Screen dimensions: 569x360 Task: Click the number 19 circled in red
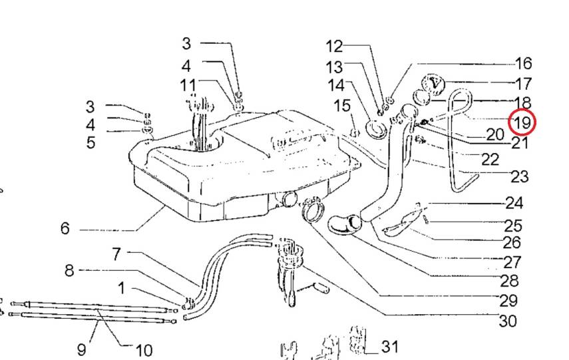522,122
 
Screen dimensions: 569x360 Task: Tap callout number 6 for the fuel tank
65,228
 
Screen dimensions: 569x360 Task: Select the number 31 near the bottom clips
390,347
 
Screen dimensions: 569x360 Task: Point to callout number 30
508,321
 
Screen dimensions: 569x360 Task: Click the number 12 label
334,47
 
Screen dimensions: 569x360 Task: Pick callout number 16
524,63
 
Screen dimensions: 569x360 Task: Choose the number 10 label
144,351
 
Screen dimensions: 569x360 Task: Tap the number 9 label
82,350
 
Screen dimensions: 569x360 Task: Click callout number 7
116,254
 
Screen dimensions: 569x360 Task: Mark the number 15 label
342,106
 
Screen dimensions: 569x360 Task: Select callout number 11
188,86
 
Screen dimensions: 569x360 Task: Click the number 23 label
520,177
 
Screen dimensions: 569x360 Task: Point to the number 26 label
512,242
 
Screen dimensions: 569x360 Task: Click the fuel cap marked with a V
433,83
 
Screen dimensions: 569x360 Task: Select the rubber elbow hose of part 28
344,225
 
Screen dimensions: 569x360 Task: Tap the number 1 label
122,288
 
